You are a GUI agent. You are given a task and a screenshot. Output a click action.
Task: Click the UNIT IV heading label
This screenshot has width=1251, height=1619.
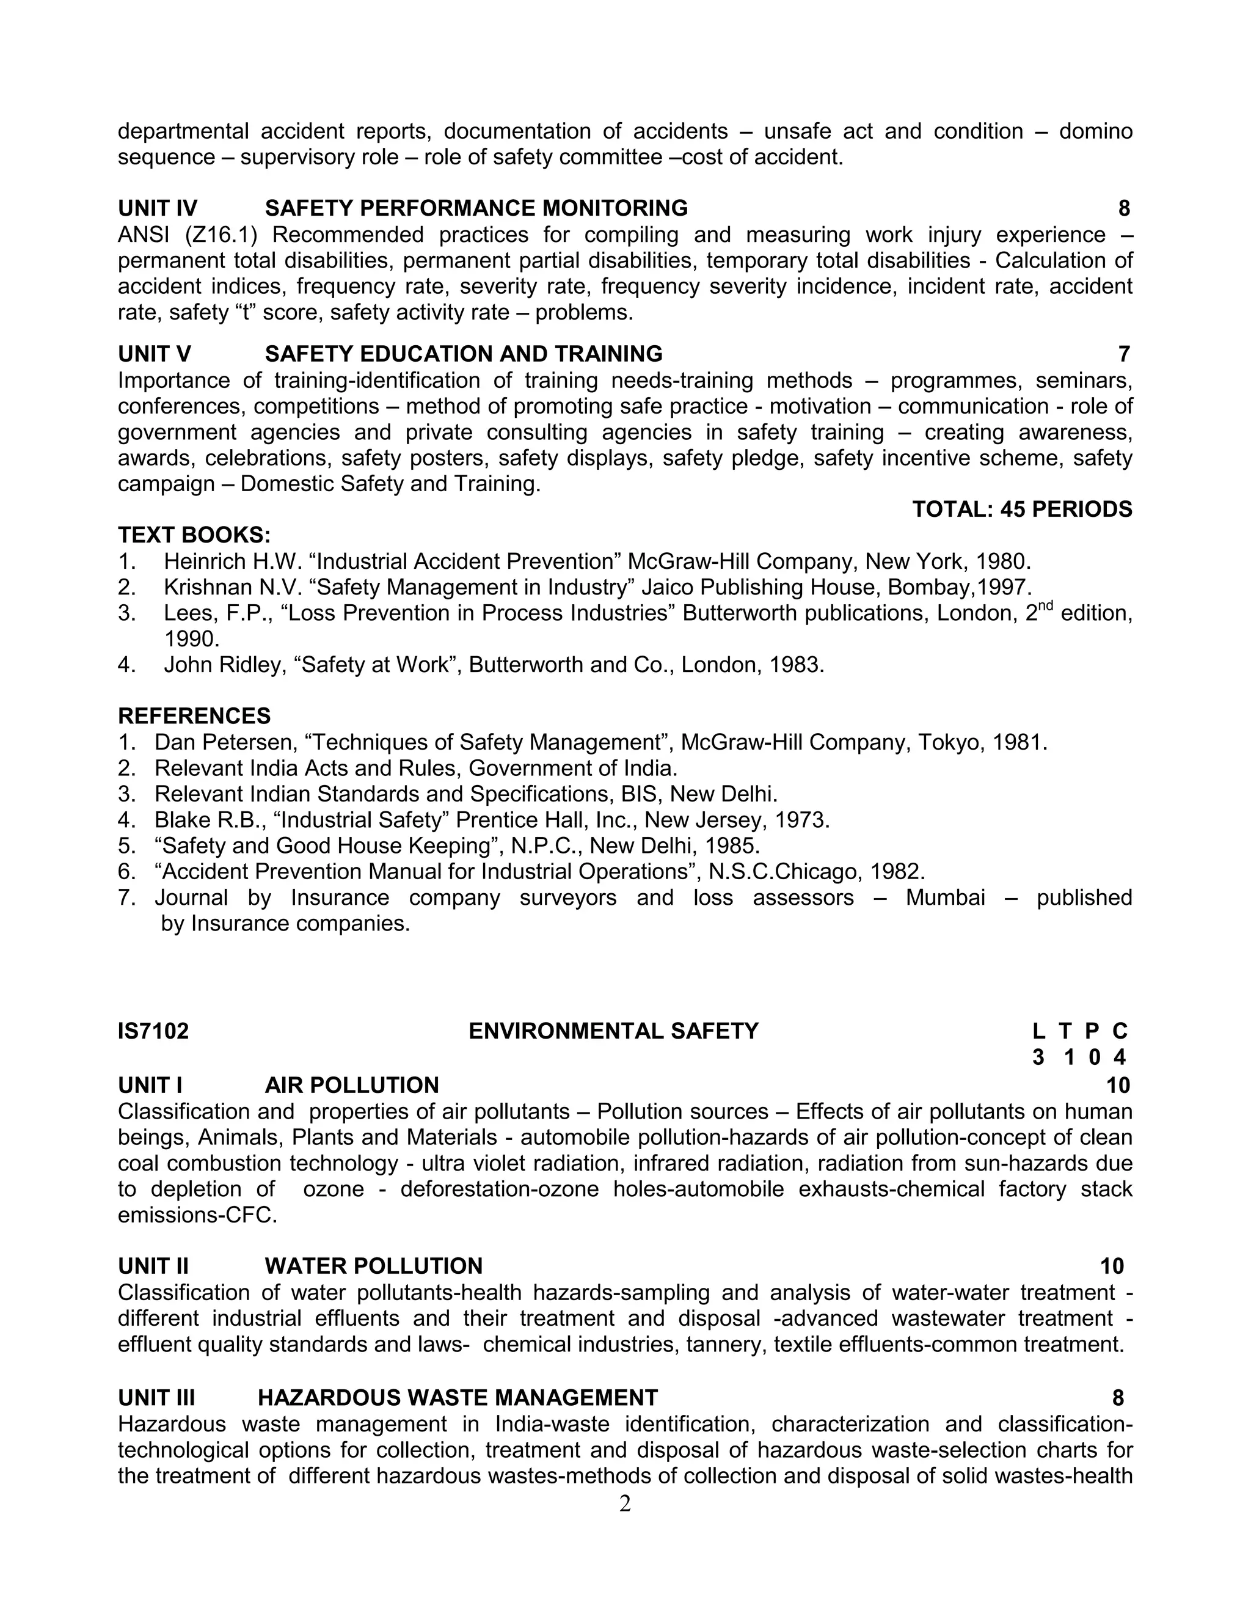click(157, 208)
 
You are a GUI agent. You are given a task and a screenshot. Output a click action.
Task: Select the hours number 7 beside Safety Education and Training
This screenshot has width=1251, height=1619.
click(1123, 354)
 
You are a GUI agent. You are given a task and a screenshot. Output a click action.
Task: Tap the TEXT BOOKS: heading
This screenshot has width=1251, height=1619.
click(194, 535)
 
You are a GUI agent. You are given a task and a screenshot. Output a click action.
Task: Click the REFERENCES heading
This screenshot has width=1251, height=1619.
click(194, 715)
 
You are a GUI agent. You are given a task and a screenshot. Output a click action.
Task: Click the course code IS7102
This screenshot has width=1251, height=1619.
click(153, 1031)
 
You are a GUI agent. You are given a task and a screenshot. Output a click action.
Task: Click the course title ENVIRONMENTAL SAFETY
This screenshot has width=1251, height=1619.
click(614, 1031)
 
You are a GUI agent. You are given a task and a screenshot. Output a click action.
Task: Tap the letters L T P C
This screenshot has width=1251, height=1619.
click(1080, 1031)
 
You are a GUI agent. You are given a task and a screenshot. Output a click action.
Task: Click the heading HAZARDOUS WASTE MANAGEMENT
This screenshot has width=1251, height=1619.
click(458, 1397)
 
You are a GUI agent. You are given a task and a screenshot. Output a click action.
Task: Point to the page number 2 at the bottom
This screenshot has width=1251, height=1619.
click(625, 1504)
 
